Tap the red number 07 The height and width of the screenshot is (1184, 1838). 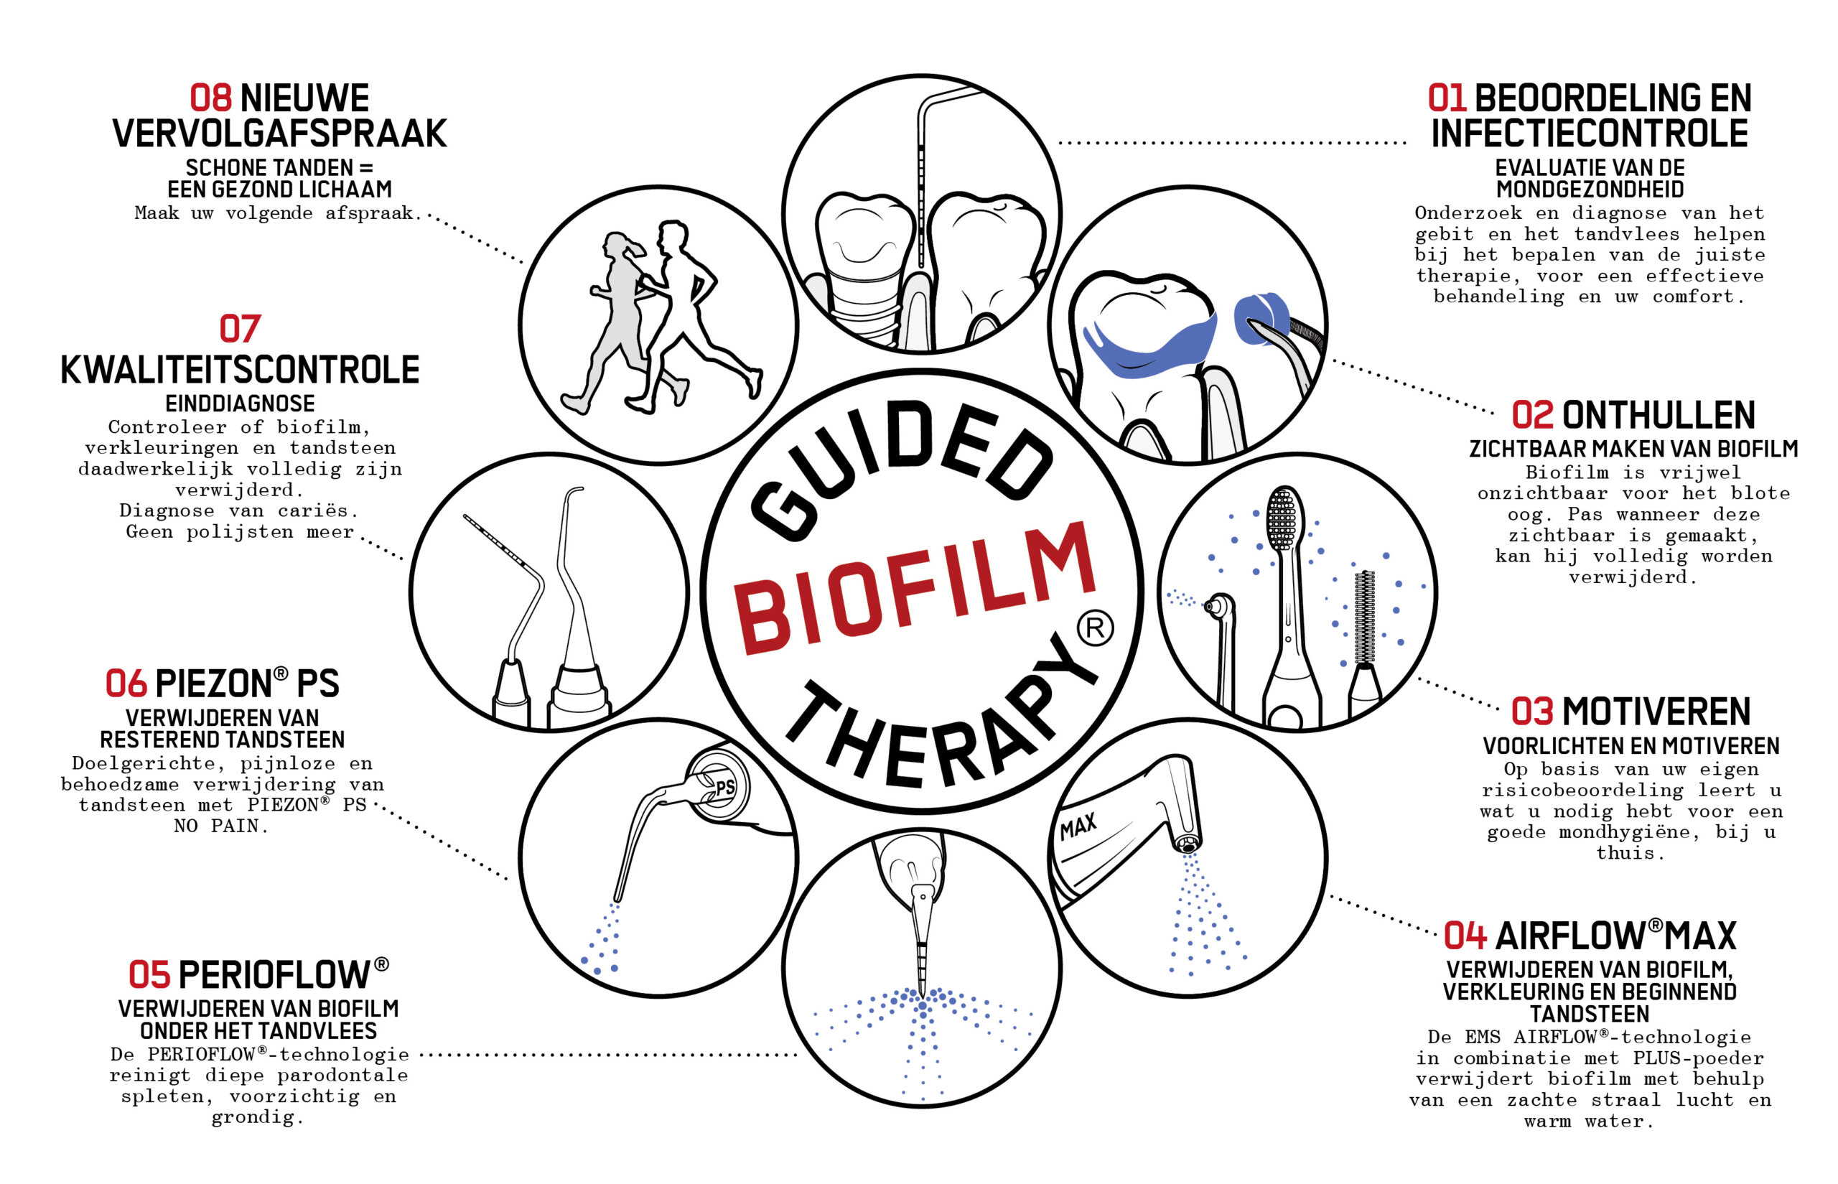240,329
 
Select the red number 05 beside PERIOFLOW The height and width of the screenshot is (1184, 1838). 149,975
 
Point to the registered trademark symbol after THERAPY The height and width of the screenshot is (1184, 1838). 1095,628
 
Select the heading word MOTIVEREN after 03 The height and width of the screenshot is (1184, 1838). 1656,712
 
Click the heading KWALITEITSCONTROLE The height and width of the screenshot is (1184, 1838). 240,370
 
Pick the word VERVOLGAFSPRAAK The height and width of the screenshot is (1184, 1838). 280,133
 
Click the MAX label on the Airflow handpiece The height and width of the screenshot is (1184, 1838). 1078,827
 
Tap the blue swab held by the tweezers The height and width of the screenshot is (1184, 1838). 1261,317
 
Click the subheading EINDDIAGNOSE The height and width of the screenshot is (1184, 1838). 240,404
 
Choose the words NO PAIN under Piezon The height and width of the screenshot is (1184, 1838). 220,826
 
